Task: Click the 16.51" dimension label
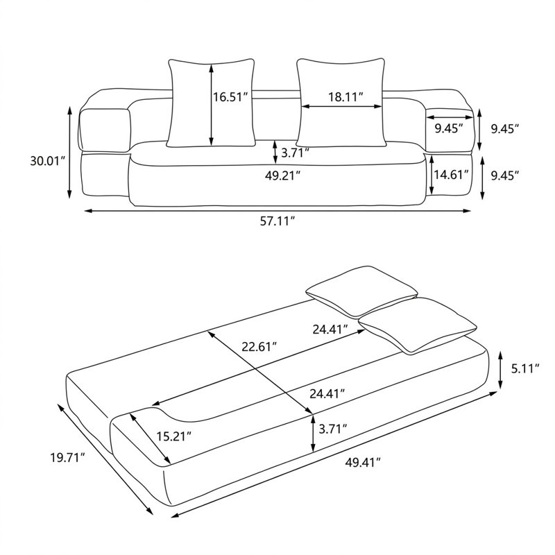tap(230, 96)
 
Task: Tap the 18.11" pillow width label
tap(345, 96)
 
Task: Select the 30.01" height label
tap(47, 162)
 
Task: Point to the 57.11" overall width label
tap(277, 221)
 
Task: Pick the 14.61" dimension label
tap(452, 174)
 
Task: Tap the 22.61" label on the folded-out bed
tap(259, 346)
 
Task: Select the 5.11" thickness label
tap(525, 368)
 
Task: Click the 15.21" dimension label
tap(174, 436)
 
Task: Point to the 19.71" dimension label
tap(67, 458)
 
